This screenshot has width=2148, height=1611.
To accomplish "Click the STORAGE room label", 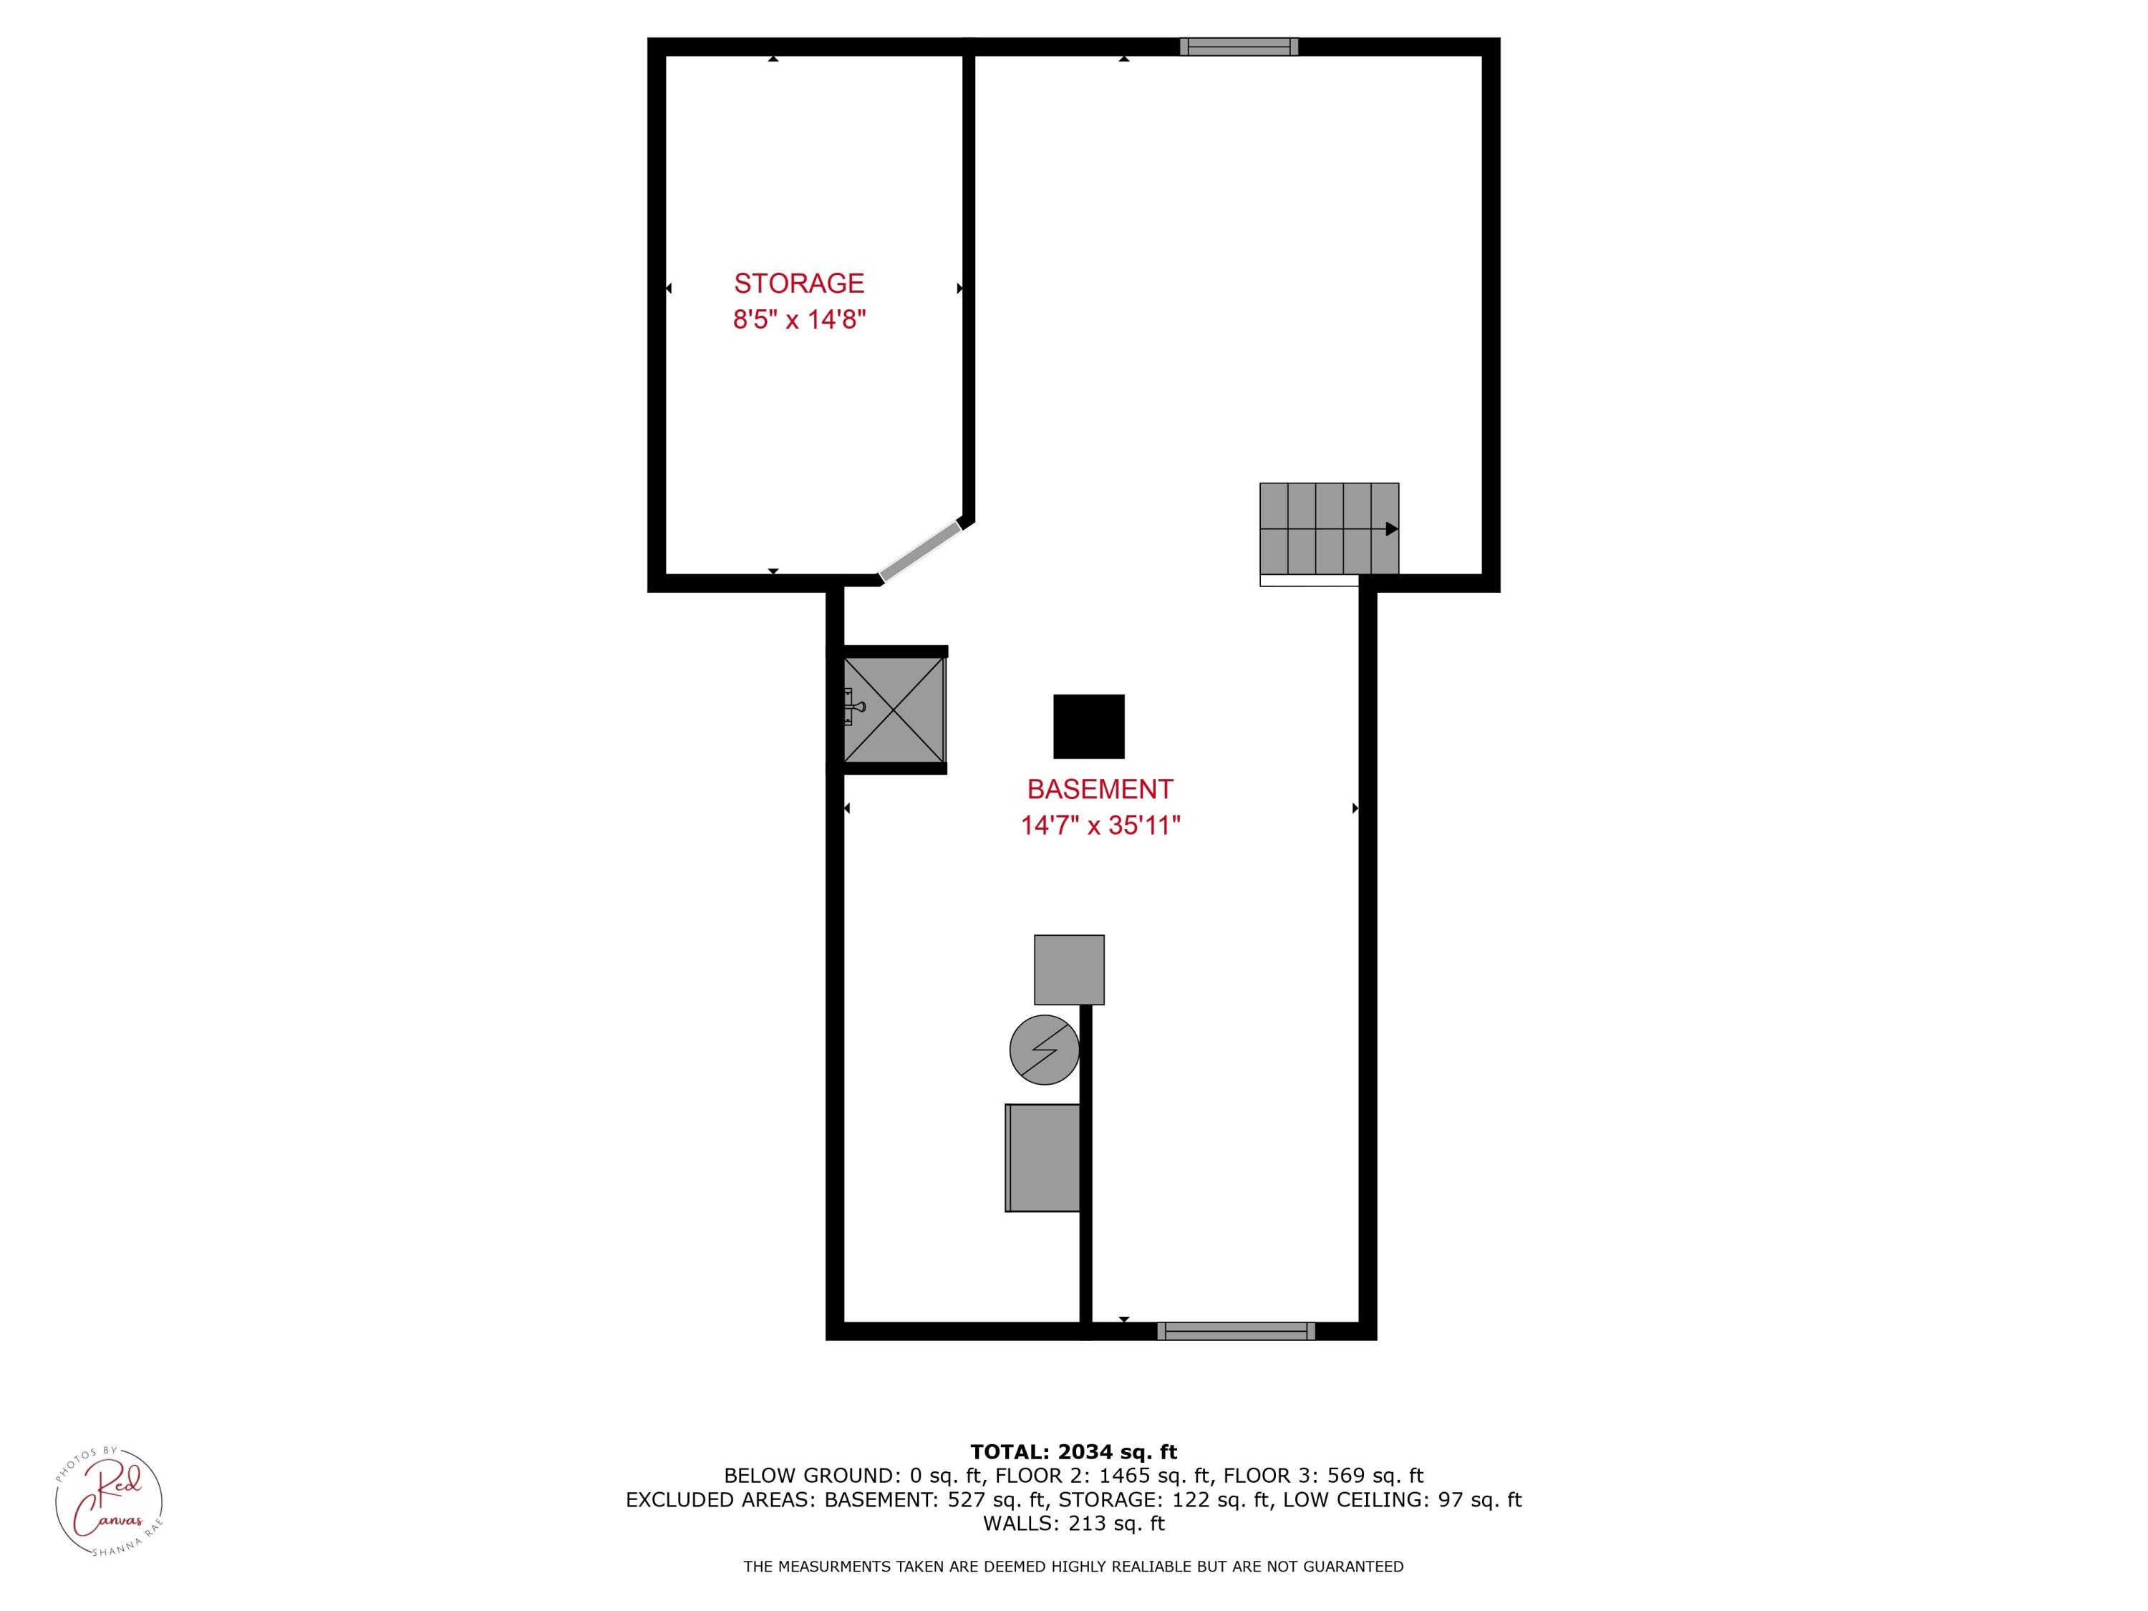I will click(798, 283).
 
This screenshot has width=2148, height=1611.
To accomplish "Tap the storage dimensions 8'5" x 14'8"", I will click(798, 319).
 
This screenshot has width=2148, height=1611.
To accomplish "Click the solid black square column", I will click(1088, 726).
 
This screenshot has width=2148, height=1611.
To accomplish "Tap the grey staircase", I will click(1328, 528).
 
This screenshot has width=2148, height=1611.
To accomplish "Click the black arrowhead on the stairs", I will click(1391, 529).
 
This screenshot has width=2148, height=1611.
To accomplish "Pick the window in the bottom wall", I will click(1235, 1331).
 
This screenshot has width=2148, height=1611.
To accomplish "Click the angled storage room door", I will click(919, 551).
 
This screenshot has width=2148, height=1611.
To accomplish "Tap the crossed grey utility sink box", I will click(894, 709).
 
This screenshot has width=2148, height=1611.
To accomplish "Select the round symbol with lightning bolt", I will click(1044, 1050).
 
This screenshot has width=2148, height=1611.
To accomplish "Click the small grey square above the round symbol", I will click(1068, 969).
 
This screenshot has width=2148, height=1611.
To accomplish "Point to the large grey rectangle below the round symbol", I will click(1043, 1158).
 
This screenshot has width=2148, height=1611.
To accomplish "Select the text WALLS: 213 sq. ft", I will click(1073, 1524).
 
